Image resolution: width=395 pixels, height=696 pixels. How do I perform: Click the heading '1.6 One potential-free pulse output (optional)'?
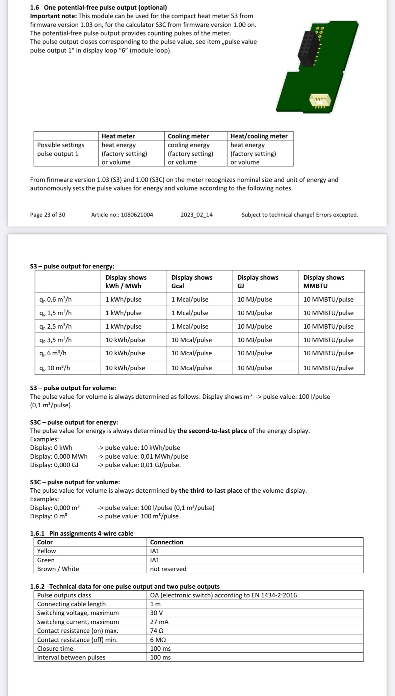(x=98, y=7)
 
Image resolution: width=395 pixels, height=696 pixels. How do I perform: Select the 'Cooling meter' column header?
(x=188, y=136)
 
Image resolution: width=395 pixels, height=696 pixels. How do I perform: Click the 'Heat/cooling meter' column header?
(x=259, y=136)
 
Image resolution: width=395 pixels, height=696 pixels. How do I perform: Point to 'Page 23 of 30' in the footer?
(x=48, y=215)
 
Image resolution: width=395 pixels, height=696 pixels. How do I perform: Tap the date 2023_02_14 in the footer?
(x=196, y=215)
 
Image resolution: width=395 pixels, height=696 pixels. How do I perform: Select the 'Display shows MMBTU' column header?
(x=323, y=281)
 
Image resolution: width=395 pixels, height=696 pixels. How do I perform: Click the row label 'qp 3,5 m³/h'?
(x=55, y=340)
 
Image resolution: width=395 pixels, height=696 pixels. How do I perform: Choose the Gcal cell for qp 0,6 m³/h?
(x=190, y=300)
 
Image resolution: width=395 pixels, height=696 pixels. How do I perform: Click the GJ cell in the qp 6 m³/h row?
(x=255, y=353)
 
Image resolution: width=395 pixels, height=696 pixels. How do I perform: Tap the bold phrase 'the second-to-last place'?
(x=212, y=431)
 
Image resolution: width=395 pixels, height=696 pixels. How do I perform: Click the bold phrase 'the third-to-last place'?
(x=210, y=491)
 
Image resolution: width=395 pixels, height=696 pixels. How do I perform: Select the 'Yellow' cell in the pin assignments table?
(x=47, y=551)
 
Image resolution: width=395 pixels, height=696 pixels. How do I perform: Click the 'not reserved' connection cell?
(x=168, y=569)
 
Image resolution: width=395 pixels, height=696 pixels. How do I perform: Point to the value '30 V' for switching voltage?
(x=157, y=613)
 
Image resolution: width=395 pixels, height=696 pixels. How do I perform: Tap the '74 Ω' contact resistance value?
(x=157, y=631)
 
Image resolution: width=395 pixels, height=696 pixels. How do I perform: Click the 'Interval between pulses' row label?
(x=71, y=658)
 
